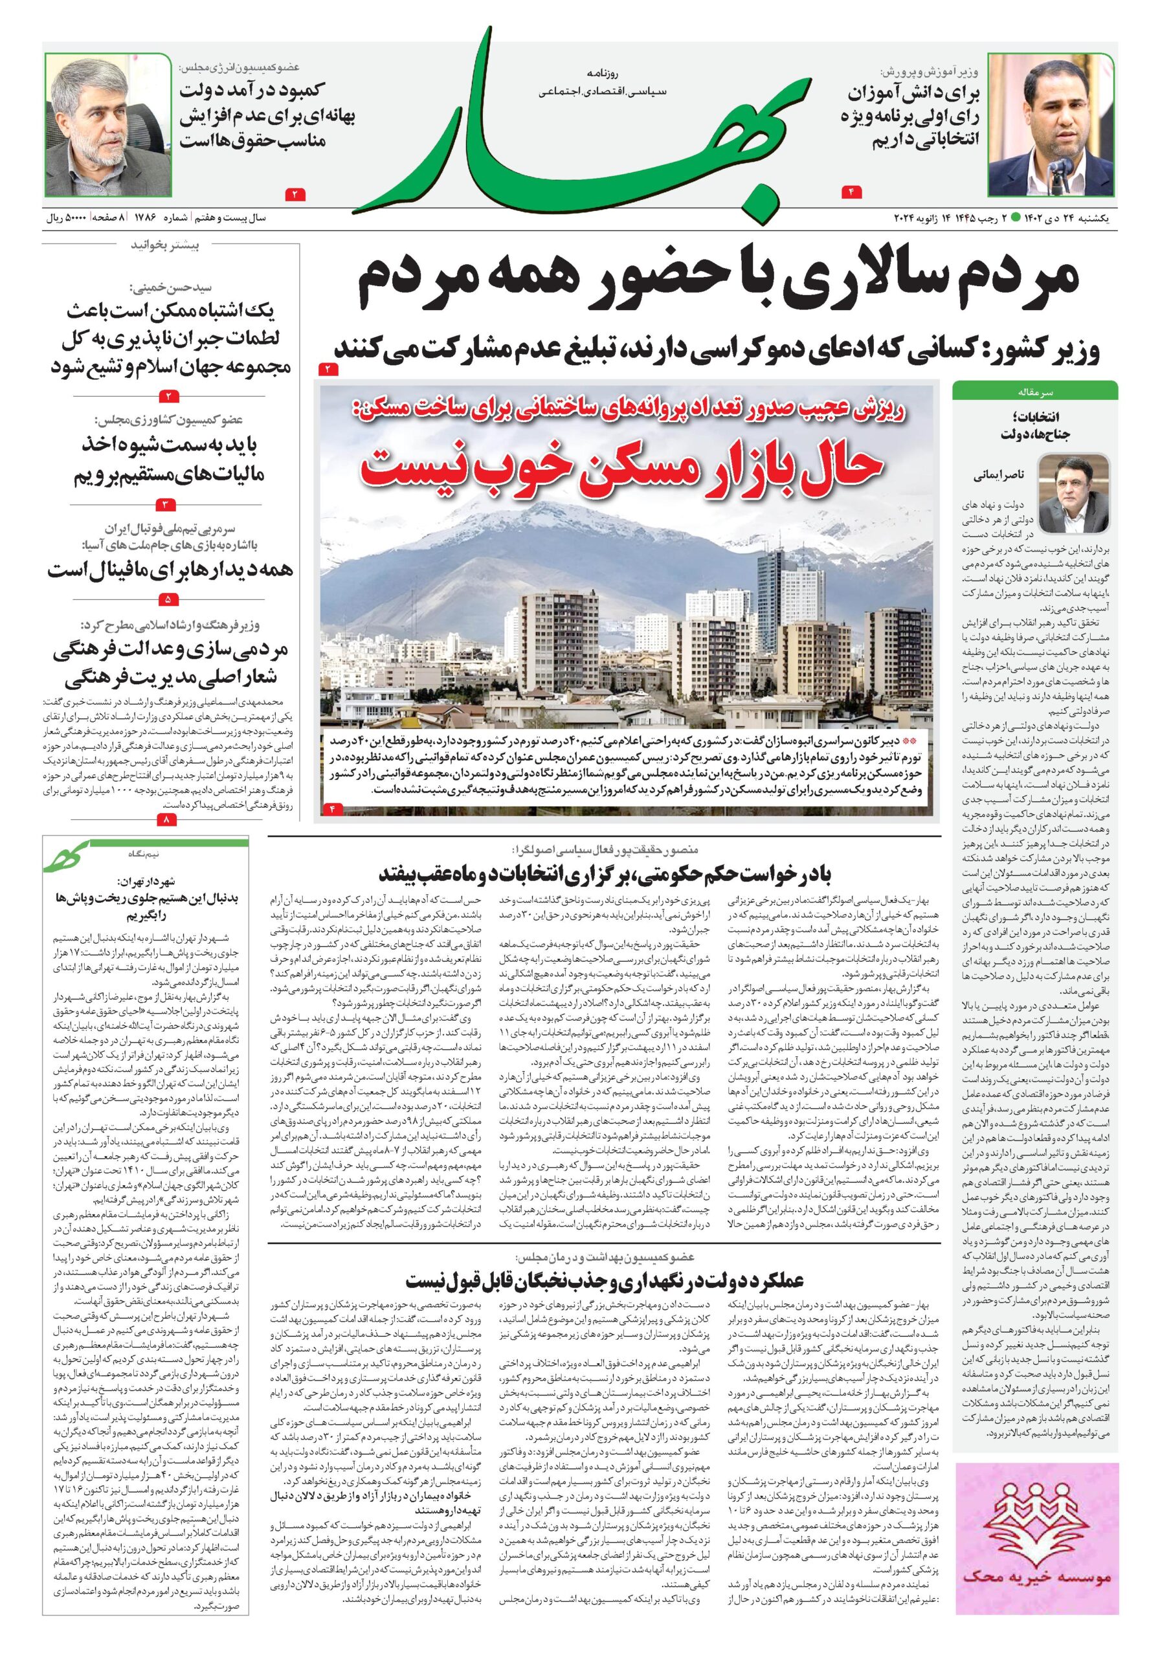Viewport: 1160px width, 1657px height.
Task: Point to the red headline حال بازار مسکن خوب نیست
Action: [622, 469]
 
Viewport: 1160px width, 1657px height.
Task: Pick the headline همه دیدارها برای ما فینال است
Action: [170, 569]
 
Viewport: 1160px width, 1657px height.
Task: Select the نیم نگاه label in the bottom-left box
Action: [142, 853]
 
